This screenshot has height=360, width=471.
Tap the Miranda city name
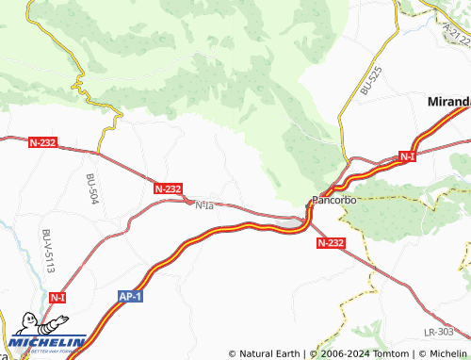click(448, 101)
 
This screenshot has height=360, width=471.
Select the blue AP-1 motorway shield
click(130, 296)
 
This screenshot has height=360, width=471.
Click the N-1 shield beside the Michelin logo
click(57, 297)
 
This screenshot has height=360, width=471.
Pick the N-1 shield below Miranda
click(406, 155)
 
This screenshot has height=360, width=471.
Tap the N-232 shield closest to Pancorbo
click(331, 242)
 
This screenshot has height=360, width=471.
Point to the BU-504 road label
click(91, 189)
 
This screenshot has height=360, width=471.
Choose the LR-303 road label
click(439, 332)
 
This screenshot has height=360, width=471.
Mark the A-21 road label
click(455, 35)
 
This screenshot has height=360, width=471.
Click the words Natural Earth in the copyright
click(270, 353)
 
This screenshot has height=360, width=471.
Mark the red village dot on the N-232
click(188, 201)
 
